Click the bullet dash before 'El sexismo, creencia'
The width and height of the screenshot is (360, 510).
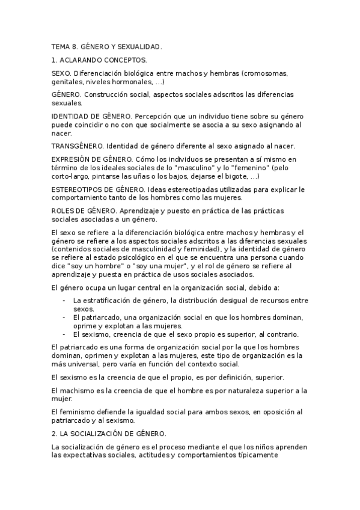click(x=64, y=334)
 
